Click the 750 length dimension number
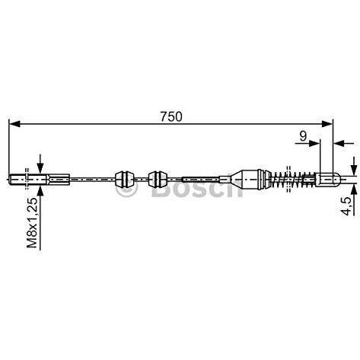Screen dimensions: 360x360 coord(171,116)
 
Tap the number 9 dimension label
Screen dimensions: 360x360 coord(303,136)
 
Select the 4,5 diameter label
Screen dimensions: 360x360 coord(347,205)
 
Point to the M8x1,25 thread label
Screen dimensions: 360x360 coord(32,222)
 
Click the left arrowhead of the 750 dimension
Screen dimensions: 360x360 coord(14,124)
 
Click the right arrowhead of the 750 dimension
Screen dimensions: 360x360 coord(327,124)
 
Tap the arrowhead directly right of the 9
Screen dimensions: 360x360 coord(314,143)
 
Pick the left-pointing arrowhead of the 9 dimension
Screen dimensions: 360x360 coord(339,143)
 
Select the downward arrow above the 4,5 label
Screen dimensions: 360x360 coord(354,166)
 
